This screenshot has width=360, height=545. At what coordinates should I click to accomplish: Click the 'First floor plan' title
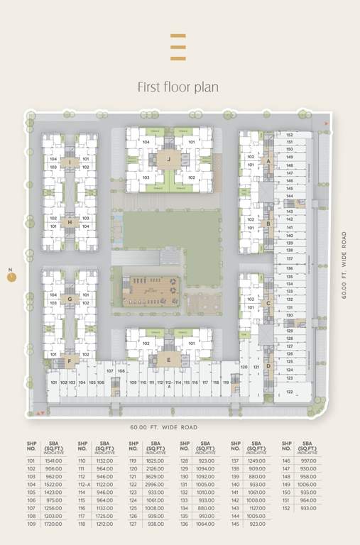pyautogui.click(x=178, y=87)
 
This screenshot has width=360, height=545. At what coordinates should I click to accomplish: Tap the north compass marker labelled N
pyautogui.click(x=11, y=277)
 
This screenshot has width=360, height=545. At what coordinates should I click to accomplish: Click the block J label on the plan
pyautogui.click(x=168, y=160)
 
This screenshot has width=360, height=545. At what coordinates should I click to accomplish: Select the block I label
pyautogui.click(x=70, y=163)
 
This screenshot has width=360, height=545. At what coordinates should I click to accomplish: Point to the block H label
pyautogui.click(x=70, y=222)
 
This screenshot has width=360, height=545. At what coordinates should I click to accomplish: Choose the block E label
pyautogui.click(x=168, y=360)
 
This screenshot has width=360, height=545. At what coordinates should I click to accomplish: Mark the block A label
pyautogui.click(x=268, y=161)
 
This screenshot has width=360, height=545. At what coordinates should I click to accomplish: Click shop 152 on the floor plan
pyautogui.click(x=290, y=134)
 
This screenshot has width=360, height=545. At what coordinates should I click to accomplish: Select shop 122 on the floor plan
pyautogui.click(x=290, y=391)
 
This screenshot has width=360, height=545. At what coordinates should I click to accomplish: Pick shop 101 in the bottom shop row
pyautogui.click(x=53, y=382)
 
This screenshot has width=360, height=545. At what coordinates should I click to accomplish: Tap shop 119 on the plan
pyautogui.click(x=226, y=382)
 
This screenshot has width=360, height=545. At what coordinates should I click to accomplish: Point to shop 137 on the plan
pyautogui.click(x=290, y=258)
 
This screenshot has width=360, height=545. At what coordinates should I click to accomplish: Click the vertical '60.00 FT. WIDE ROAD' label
pyautogui.click(x=344, y=265)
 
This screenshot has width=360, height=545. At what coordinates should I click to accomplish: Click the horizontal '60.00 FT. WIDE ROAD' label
pyautogui.click(x=164, y=427)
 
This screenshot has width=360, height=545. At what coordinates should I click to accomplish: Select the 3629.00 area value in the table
pyautogui.click(x=154, y=477)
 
